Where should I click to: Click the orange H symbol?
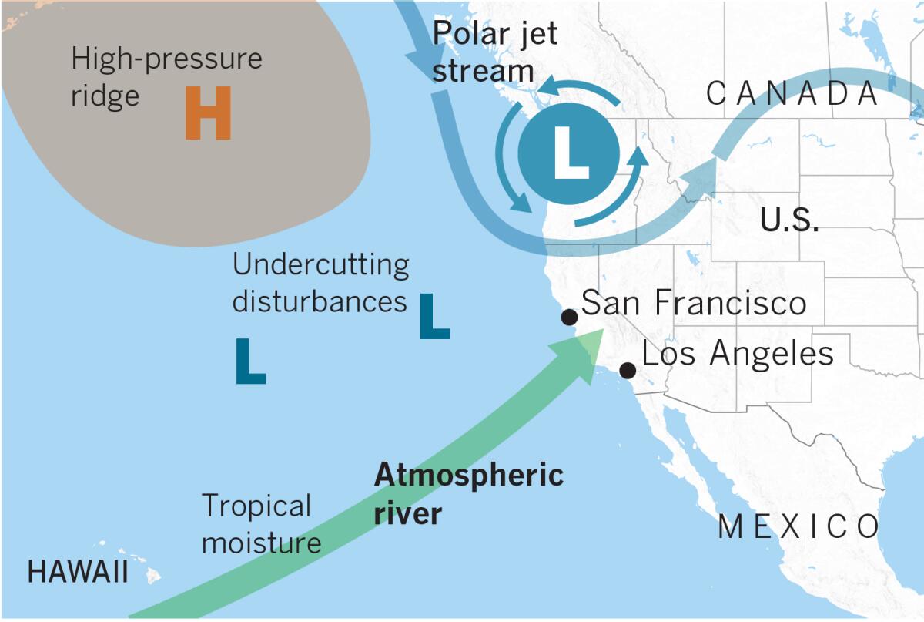pyautogui.click(x=208, y=113)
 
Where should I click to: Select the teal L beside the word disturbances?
pyautogui.click(x=434, y=316)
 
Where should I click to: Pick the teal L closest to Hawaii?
pyautogui.click(x=250, y=361)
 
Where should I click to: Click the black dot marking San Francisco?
pyautogui.click(x=569, y=317)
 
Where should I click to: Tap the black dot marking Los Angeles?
pyautogui.click(x=628, y=371)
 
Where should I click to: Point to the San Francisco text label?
pyautogui.click(x=694, y=303)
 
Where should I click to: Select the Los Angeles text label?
pyautogui.click(x=738, y=355)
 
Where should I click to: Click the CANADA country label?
pyautogui.click(x=792, y=94)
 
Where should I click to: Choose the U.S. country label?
pyautogui.click(x=789, y=220)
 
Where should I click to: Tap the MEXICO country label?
pyautogui.click(x=798, y=528)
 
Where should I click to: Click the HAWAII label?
pyautogui.click(x=78, y=573)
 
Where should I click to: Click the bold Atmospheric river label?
pyautogui.click(x=468, y=493)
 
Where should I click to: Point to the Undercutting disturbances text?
pyautogui.click(x=321, y=283)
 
